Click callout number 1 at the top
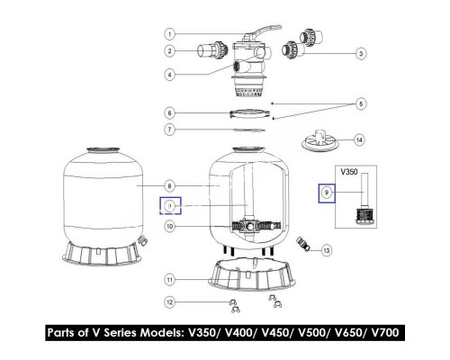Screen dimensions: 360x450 coord(169,34)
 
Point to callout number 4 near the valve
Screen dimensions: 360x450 coord(168,75)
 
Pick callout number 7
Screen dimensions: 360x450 coord(168,130)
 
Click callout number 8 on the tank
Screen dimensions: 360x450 coord(168,186)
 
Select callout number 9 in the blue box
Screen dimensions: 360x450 coord(325,193)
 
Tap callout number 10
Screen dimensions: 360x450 coord(168,226)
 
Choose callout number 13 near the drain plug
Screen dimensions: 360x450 coord(326,249)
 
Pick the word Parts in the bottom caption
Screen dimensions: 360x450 coord(65,332)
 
